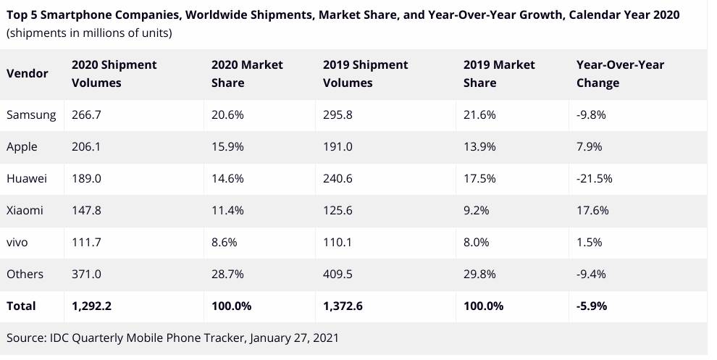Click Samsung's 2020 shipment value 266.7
[87, 115]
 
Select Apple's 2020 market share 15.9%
[227, 147]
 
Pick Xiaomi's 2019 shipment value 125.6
[338, 210]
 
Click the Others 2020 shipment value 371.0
[87, 274]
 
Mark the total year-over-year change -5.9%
[592, 306]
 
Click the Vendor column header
[28, 73]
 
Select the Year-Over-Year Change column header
[620, 73]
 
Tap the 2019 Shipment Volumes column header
[365, 73]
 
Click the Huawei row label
[26, 178]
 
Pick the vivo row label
[17, 242]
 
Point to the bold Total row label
[21, 306]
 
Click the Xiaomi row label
[25, 210]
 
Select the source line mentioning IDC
[172, 338]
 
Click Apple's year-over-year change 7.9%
[590, 147]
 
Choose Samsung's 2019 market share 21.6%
[479, 115]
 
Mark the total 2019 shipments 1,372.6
[343, 306]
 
